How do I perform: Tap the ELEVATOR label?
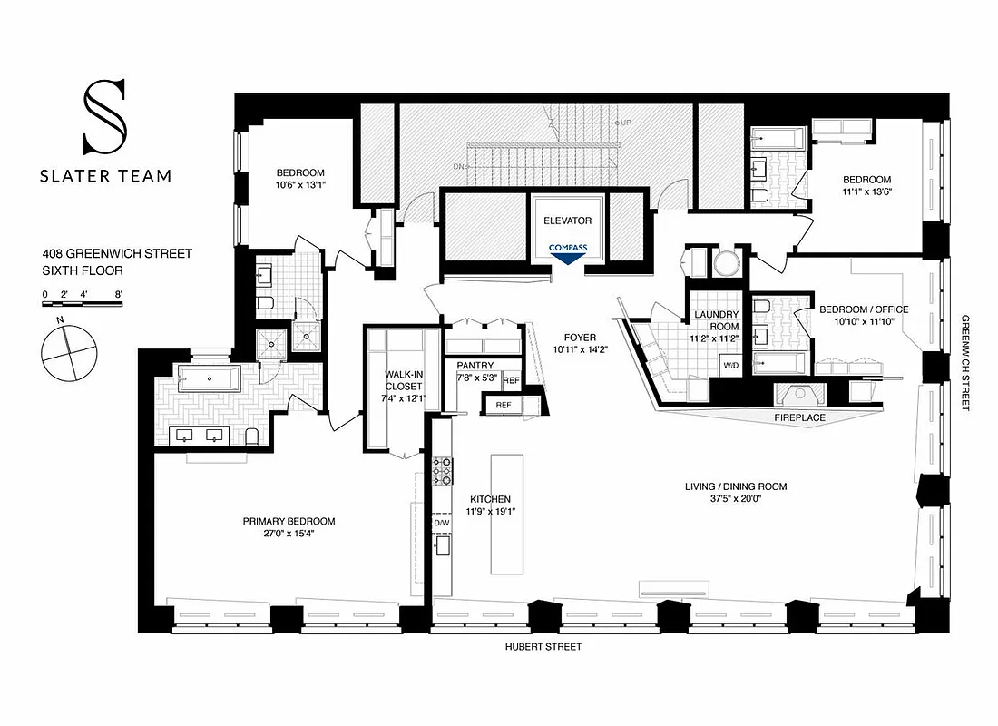(x=568, y=221)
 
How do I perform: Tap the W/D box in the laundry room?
(x=729, y=366)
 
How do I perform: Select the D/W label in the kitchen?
(x=442, y=524)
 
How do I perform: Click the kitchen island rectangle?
(x=507, y=514)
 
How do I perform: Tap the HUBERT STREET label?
(x=543, y=647)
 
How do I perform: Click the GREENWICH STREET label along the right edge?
(x=967, y=363)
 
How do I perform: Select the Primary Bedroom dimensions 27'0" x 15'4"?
(x=289, y=534)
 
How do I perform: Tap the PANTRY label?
(x=475, y=366)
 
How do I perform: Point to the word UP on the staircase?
(x=625, y=123)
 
